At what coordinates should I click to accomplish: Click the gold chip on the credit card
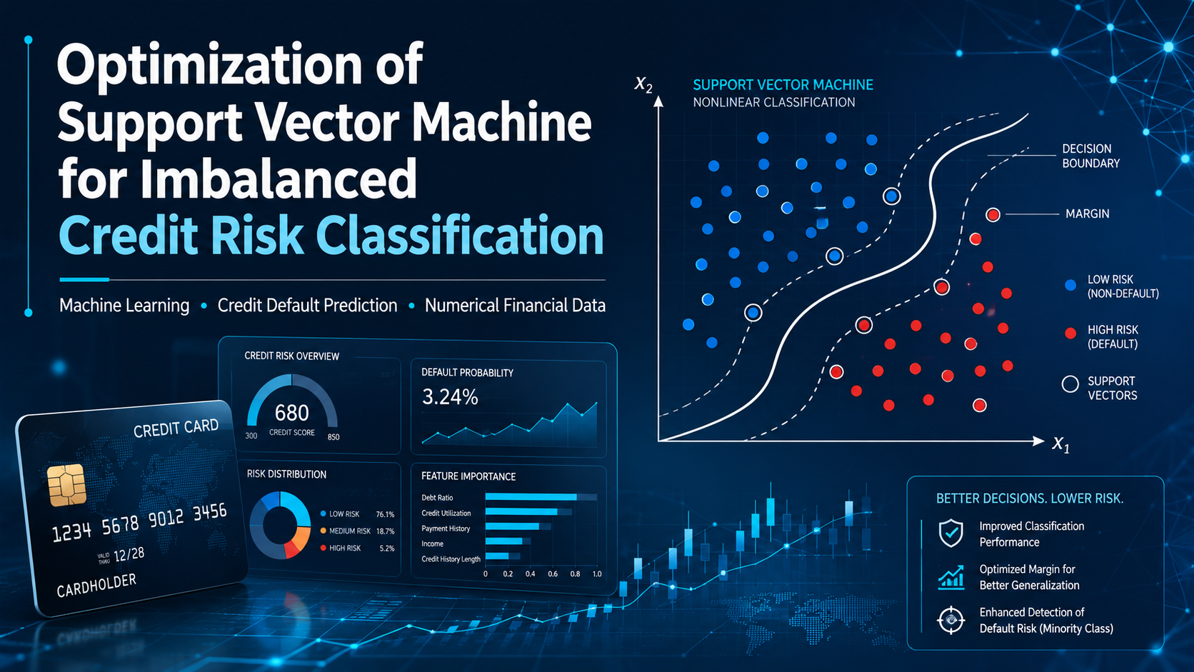pyautogui.click(x=66, y=484)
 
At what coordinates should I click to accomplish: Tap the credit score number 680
pyautogui.click(x=291, y=413)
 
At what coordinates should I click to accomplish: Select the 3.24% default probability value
pyautogui.click(x=450, y=397)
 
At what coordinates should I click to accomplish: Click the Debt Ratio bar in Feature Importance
pyautogui.click(x=531, y=497)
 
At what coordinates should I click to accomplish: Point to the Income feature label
pyautogui.click(x=432, y=543)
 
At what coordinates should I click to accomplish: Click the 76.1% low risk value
pyautogui.click(x=385, y=514)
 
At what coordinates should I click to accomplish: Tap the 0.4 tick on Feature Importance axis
pyautogui.click(x=531, y=574)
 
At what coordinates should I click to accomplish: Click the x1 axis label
pyautogui.click(x=1060, y=443)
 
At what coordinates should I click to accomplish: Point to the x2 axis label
pyautogui.click(x=643, y=84)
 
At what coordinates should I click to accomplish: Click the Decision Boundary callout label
pyautogui.click(x=1090, y=156)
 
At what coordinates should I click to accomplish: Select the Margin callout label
pyautogui.click(x=1088, y=214)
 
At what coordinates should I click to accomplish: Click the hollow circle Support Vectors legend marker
pyautogui.click(x=1070, y=383)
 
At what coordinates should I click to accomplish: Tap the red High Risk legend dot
pyautogui.click(x=1070, y=334)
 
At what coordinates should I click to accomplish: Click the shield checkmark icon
pyautogui.click(x=951, y=533)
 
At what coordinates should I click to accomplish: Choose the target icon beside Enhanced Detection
pyautogui.click(x=951, y=621)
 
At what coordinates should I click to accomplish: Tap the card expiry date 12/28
pyautogui.click(x=129, y=555)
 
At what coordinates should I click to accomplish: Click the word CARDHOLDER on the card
pyautogui.click(x=96, y=585)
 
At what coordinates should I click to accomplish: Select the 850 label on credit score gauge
pyautogui.click(x=333, y=437)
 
